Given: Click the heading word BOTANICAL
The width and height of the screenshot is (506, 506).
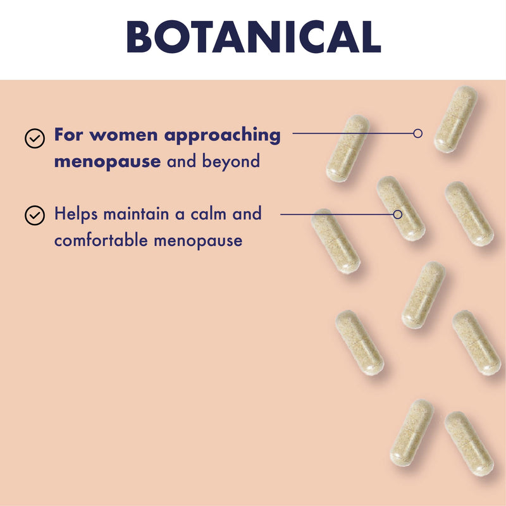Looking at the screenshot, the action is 254,37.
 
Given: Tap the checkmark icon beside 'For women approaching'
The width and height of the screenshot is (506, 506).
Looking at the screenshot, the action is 35,139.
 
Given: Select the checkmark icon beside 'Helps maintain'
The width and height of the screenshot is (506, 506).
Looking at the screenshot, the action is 35,215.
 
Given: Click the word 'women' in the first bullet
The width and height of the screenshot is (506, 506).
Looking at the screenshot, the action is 123,135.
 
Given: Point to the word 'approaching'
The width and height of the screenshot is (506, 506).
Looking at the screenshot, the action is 223,136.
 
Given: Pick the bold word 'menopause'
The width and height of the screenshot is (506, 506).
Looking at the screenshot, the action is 108,162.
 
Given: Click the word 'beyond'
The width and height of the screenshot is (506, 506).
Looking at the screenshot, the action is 231,161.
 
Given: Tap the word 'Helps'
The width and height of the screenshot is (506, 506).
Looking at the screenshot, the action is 76,214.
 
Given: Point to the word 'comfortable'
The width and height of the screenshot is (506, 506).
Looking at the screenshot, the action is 101,240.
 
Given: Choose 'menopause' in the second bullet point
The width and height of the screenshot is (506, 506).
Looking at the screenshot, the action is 198,241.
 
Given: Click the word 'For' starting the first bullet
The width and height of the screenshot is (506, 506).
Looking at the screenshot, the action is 68,134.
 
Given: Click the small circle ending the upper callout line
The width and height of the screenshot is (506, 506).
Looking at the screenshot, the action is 418,133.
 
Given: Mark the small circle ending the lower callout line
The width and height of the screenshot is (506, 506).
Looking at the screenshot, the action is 398,214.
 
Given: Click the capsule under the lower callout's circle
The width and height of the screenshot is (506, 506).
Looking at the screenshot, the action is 401,208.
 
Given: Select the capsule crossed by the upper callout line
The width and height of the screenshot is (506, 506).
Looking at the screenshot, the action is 348,149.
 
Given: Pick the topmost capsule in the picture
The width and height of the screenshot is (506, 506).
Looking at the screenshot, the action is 455,119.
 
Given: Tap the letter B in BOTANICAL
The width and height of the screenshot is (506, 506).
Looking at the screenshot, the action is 140,37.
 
